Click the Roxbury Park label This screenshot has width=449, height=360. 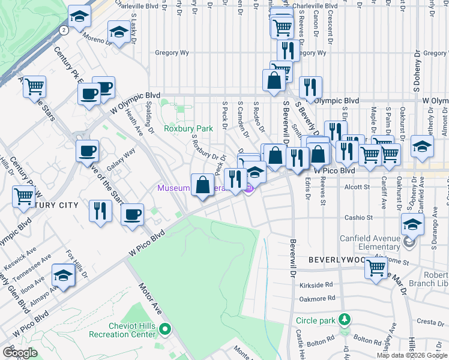coord(188,128)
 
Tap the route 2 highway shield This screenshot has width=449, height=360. coord(64,29)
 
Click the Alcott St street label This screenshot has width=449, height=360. coord(358,187)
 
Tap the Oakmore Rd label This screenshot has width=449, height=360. coord(316,298)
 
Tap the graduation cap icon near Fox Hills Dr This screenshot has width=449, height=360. coord(63,275)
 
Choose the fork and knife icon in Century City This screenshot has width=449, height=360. coord(100,210)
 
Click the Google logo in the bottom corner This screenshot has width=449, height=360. coord(20,352)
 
